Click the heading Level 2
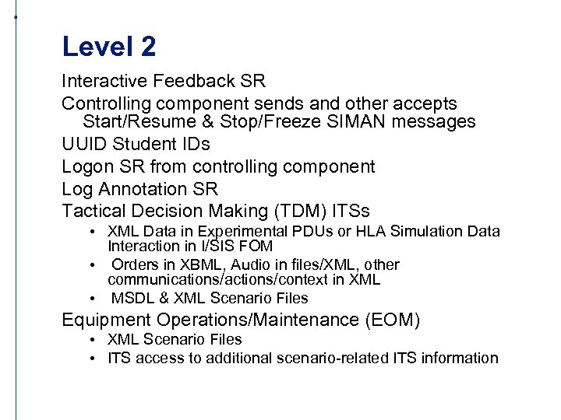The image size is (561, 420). pyautogui.click(x=109, y=47)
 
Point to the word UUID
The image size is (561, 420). pyautogui.click(x=83, y=145)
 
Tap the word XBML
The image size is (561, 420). pyautogui.click(x=189, y=265)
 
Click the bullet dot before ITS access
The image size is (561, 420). pyautogui.click(x=92, y=359)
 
